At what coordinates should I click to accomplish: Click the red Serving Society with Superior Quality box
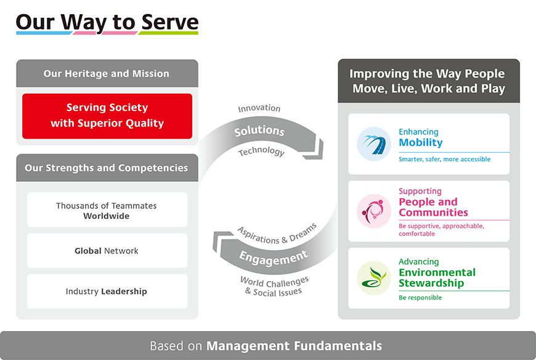point(107,116)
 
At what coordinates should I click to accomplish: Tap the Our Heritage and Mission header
point(107,73)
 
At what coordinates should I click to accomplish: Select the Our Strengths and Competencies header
point(107,168)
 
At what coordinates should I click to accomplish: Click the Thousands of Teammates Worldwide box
point(107,210)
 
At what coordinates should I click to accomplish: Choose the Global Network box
point(107,251)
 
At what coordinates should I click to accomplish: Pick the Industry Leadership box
point(107,292)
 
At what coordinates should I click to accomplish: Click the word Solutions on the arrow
point(259,131)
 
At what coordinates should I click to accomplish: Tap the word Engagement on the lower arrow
point(274,258)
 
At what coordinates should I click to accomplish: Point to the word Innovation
point(259,108)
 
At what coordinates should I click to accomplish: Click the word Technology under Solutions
point(261,151)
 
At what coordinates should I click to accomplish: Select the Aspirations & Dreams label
point(277,234)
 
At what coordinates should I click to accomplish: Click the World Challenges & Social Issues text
point(274,287)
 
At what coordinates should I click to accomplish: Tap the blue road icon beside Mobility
point(374,144)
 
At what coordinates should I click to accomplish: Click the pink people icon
point(374,211)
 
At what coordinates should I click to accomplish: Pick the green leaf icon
point(374,278)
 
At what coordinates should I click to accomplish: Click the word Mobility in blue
point(421,142)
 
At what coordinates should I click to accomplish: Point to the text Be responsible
point(420,298)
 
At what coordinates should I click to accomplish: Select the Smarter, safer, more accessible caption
point(444,159)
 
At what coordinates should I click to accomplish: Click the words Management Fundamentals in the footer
point(294,346)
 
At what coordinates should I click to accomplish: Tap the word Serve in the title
point(170,22)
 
